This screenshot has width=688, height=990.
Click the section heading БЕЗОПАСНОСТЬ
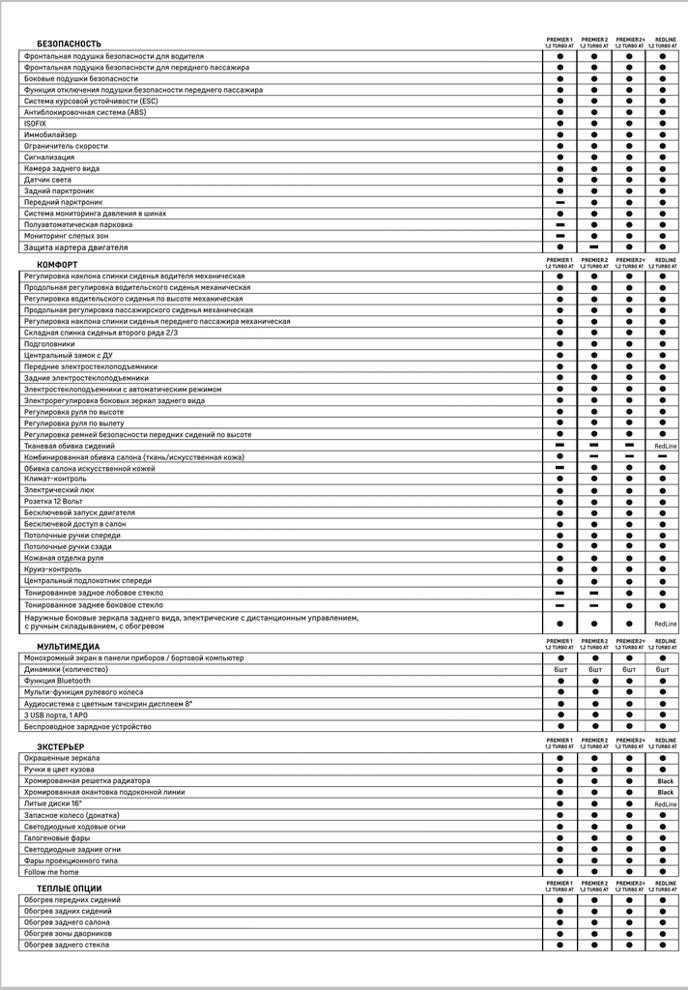coord(69,44)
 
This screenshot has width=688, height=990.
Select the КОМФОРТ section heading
coord(58,265)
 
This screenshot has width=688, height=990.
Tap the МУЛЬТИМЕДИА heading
coord(69,646)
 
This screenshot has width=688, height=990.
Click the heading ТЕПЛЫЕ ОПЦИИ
coord(69,888)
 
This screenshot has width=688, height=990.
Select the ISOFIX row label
coord(34,124)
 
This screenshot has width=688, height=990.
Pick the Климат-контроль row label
coord(55,480)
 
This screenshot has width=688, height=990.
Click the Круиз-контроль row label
coord(54,569)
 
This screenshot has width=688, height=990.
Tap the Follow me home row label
coord(52,872)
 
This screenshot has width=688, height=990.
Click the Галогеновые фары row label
coord(57,838)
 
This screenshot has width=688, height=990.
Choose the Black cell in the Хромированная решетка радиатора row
coord(666,781)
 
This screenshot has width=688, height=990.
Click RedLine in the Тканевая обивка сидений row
coord(666,447)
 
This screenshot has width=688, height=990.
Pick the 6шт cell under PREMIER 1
coord(560,670)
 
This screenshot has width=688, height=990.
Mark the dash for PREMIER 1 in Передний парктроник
coord(559,203)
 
